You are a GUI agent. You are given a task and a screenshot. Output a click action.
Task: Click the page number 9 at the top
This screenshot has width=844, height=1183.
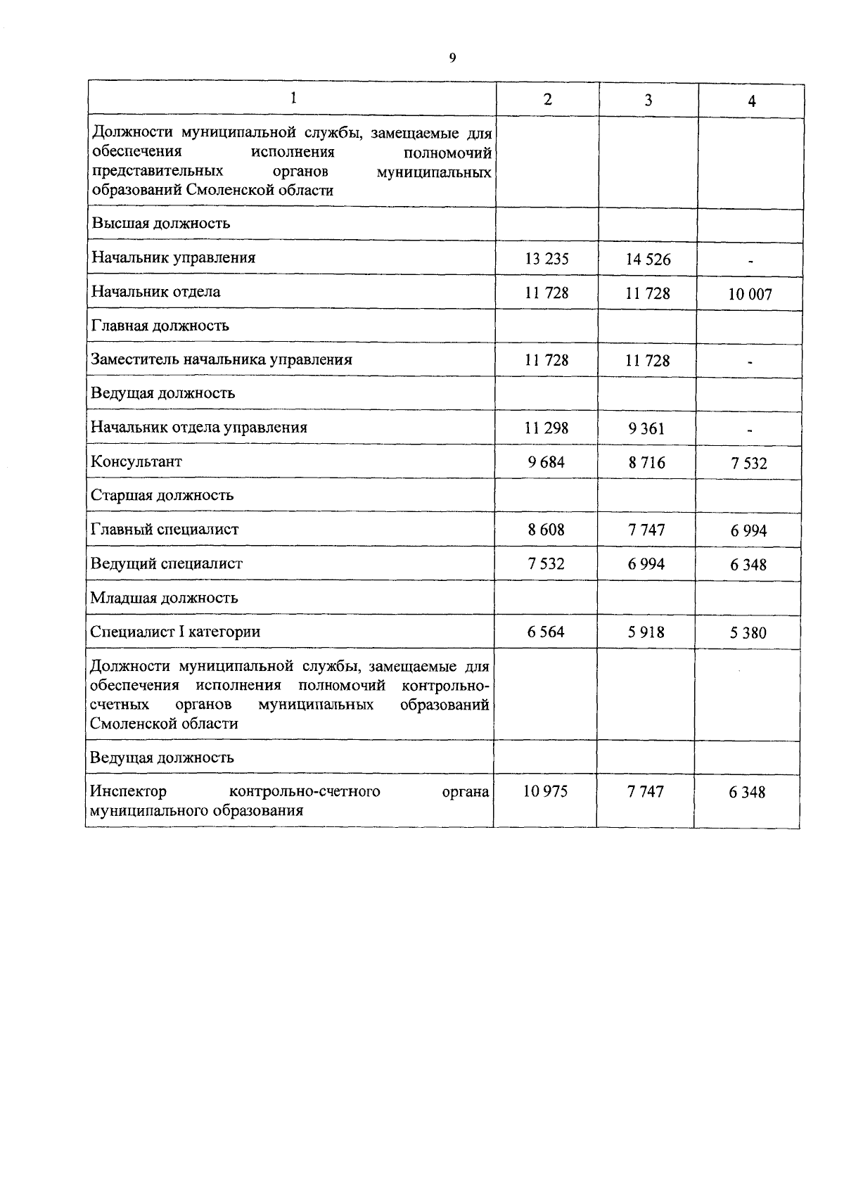point(452,58)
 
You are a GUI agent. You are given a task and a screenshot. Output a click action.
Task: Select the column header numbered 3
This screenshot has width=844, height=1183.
point(648,100)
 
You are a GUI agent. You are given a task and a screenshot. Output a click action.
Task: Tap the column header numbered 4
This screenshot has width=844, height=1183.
point(752,101)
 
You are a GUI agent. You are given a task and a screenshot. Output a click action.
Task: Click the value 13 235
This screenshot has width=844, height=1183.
point(546,258)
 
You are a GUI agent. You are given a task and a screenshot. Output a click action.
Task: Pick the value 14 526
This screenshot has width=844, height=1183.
point(648,259)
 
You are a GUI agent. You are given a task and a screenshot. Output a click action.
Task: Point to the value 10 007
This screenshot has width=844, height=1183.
point(750,294)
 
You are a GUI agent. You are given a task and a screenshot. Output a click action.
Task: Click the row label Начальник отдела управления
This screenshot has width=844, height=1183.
point(199,427)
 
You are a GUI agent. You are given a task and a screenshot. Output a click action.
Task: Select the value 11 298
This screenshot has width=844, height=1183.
point(546,427)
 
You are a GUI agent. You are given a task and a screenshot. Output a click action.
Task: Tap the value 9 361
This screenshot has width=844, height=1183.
point(647,428)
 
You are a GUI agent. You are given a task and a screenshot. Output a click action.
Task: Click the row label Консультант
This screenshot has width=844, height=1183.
point(136,461)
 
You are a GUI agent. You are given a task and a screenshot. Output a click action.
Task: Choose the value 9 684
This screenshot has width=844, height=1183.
point(546,461)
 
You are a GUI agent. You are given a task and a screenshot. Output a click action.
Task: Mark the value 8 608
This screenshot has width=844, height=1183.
point(546,529)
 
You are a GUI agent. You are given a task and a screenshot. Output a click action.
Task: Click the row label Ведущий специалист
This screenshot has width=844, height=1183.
point(167,563)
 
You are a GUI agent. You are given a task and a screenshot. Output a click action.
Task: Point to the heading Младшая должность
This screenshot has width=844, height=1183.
point(164,598)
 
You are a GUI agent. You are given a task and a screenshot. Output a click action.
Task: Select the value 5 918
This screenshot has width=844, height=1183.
point(646,632)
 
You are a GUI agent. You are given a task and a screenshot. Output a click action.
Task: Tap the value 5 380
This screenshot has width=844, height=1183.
point(748,632)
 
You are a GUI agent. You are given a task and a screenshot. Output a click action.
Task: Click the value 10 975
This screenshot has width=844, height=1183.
point(545,791)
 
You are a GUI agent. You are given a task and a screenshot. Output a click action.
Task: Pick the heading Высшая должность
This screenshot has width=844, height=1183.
point(160,224)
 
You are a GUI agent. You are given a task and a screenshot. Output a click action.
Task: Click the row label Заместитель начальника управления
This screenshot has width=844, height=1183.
point(222,359)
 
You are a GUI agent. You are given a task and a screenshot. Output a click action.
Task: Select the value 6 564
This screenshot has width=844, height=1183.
point(546,632)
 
